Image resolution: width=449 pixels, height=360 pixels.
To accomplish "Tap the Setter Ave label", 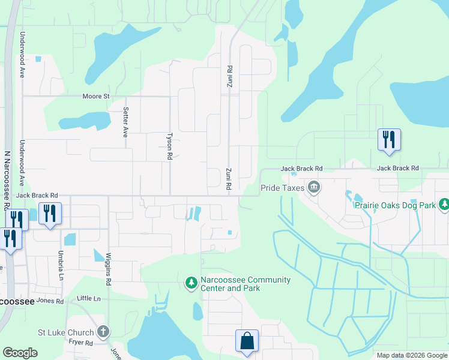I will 125,122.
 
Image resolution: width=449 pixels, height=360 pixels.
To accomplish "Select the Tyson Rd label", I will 170,146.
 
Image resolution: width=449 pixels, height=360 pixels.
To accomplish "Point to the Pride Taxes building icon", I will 314,188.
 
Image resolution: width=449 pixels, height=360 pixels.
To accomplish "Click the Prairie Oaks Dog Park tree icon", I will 444,205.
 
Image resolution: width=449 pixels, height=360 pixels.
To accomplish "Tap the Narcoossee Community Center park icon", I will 191,282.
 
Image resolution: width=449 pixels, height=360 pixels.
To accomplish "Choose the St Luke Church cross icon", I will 103,332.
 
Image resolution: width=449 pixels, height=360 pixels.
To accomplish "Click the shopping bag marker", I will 247,341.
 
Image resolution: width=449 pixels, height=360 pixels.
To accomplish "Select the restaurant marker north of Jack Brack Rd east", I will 388,140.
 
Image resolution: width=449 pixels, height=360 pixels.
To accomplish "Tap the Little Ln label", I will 89,298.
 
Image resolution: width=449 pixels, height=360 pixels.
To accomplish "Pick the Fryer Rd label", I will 80,343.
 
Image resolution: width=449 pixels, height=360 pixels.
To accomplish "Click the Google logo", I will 20,353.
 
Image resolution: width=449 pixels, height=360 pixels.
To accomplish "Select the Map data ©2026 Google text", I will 411,355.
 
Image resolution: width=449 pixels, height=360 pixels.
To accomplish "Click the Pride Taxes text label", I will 282,188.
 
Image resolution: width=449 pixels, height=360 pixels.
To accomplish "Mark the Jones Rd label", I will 50,301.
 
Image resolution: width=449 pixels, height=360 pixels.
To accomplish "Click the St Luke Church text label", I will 66,332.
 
